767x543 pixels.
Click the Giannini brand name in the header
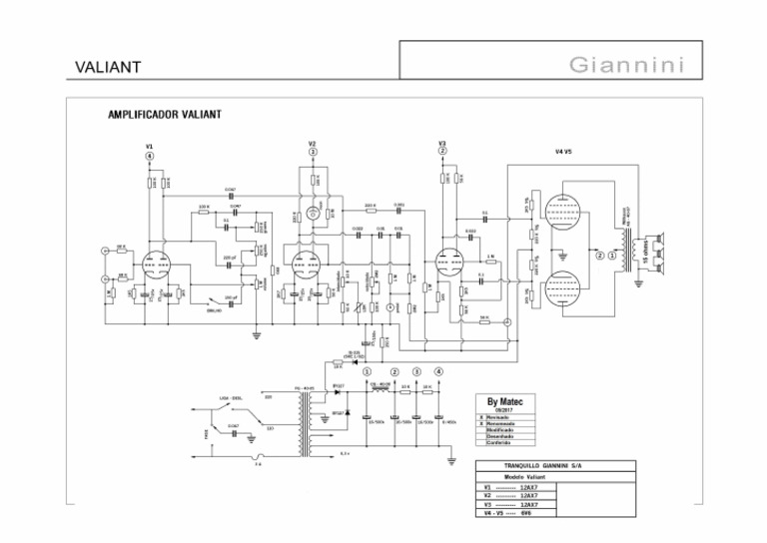pos(627,67)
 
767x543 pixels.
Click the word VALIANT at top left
pos(108,68)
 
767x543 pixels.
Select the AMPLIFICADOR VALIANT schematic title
pos(165,115)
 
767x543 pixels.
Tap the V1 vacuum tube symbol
pos(155,265)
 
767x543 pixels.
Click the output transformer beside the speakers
pos(629,252)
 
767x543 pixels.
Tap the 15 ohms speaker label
pos(648,253)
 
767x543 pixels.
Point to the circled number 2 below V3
pos(442,152)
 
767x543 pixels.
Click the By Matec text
pos(511,401)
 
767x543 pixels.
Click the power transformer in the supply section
pos(305,414)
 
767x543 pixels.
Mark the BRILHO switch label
pos(214,310)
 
